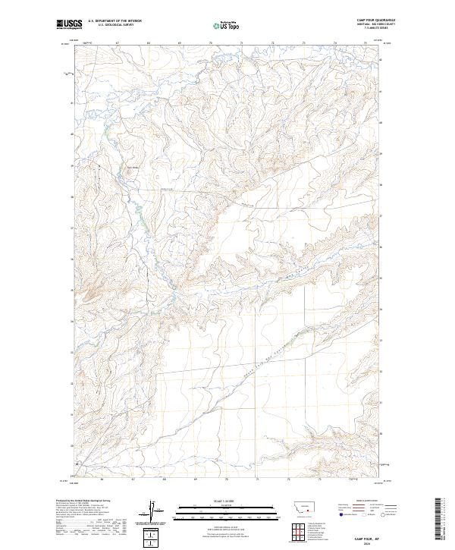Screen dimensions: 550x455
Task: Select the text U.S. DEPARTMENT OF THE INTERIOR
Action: [x=115, y=20]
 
